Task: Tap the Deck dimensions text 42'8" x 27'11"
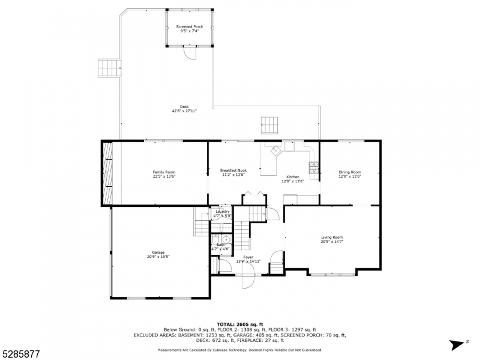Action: (x=184, y=111)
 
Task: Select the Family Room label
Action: (x=164, y=172)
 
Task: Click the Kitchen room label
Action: (x=292, y=177)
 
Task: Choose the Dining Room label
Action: (x=350, y=172)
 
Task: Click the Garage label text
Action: (x=158, y=253)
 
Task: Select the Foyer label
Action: (x=248, y=257)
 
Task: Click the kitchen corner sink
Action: (x=275, y=150)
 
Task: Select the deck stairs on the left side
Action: (x=109, y=67)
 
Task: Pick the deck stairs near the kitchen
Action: (x=269, y=125)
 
